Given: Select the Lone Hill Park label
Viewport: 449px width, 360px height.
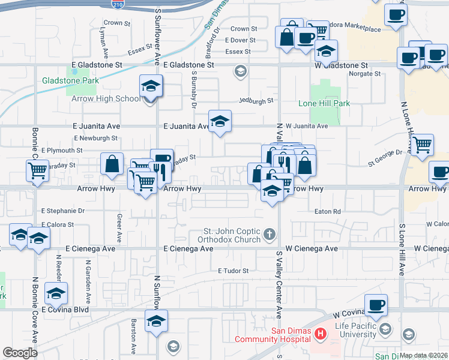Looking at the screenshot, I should [x=324, y=103].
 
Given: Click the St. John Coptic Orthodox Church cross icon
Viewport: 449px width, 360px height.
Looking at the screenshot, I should [x=270, y=233].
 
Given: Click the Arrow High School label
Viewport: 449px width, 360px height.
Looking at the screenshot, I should [x=106, y=98].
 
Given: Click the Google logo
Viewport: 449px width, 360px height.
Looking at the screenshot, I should [x=20, y=353].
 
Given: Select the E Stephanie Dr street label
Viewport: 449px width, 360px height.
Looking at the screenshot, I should [x=63, y=211].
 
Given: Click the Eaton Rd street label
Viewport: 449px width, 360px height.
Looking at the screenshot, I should [x=328, y=212].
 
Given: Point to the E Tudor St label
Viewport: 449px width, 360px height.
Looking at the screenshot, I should [x=233, y=271].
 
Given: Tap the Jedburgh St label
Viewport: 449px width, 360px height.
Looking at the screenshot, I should [x=256, y=101].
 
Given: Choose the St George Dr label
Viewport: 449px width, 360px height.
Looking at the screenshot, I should [x=385, y=153].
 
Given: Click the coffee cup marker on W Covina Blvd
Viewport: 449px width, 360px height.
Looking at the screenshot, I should [x=376, y=304].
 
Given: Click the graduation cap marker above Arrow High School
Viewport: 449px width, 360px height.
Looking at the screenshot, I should [x=151, y=85].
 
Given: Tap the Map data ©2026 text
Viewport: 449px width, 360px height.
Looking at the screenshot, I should [x=424, y=355].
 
